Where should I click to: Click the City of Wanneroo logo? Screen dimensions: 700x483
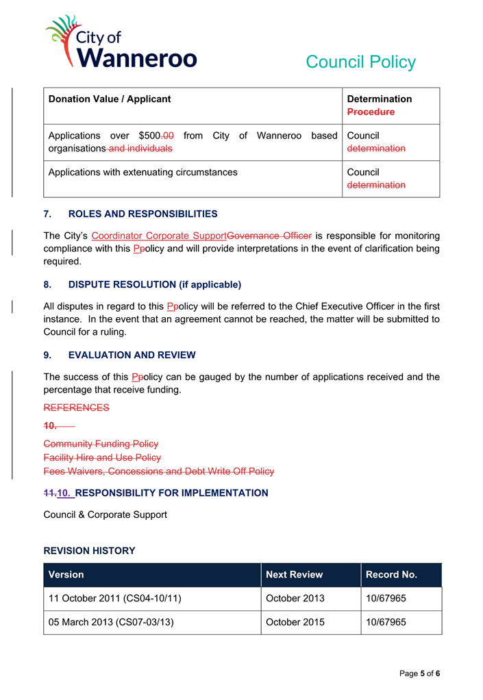pos(121,42)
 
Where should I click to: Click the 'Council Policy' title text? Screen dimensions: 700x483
pos(360,62)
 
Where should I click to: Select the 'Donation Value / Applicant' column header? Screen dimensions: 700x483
pos(110,99)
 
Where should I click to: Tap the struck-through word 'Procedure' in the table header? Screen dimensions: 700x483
pos(371,112)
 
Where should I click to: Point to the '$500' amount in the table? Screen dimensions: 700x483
pos(149,136)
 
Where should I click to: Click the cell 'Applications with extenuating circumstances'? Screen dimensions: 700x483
pos(143,172)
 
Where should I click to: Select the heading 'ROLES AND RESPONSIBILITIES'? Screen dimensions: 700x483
pos(143,214)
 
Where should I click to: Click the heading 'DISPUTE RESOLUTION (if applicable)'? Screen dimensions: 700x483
pos(154,284)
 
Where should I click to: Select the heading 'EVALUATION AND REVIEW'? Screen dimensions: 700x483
pos(132,355)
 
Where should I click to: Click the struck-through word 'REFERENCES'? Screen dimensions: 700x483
pos(76,408)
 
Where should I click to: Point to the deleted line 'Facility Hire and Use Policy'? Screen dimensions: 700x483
pos(102,458)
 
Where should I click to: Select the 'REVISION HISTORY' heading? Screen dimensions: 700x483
pos(89,551)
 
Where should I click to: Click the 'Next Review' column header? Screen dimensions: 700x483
pos(294,575)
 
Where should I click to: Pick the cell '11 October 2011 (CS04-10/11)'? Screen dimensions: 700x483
pos(114,599)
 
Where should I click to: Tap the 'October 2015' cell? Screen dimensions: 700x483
pos(295,623)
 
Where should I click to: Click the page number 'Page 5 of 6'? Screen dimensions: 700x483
pos(419,673)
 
